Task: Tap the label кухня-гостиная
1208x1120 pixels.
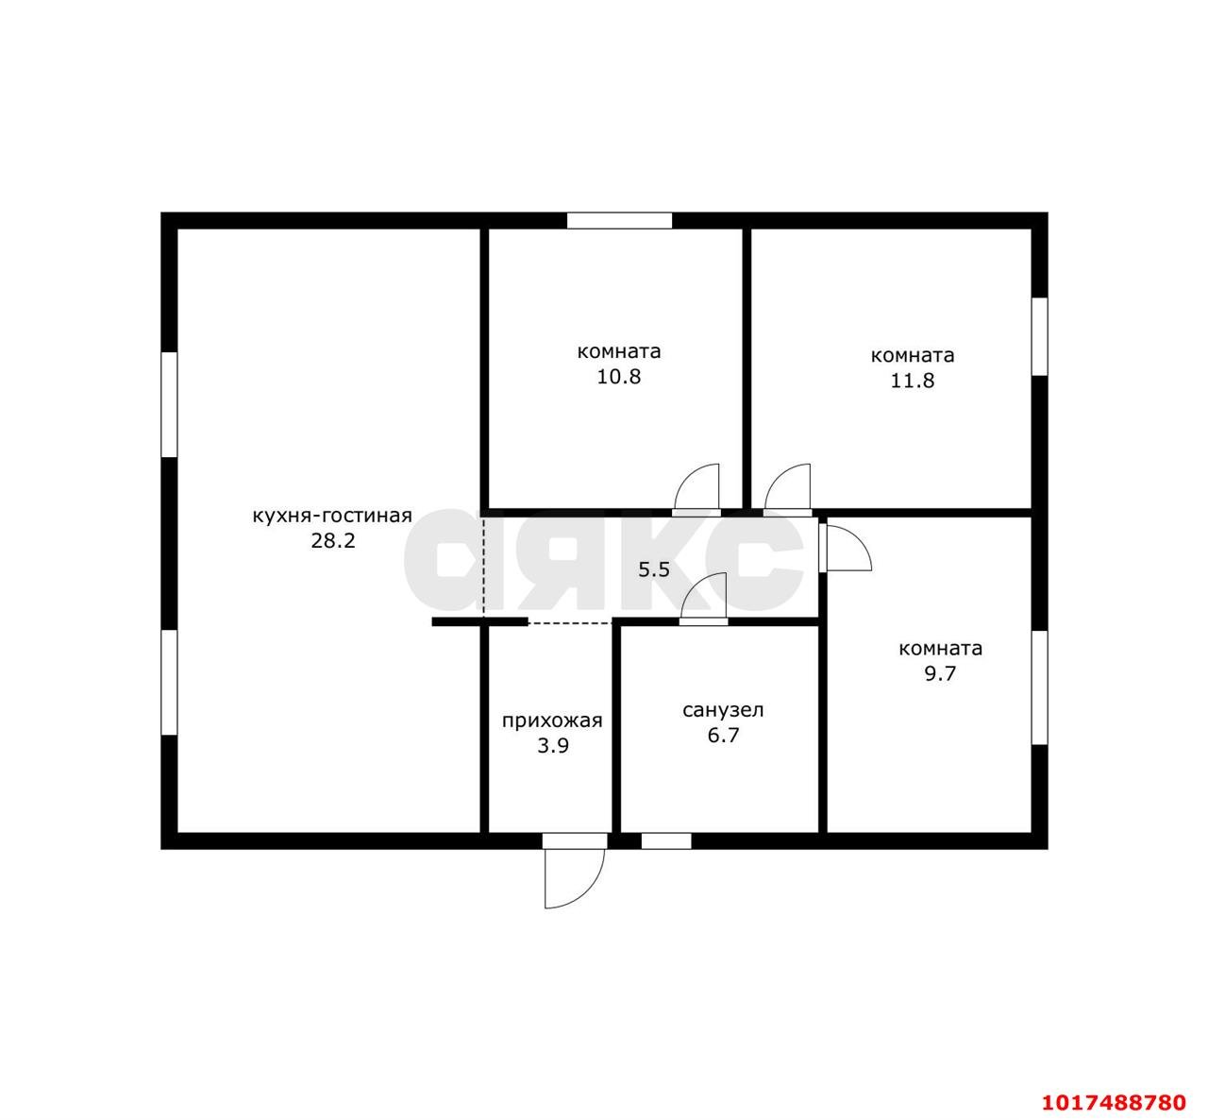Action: pyautogui.click(x=332, y=516)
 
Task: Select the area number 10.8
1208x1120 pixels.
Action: pyautogui.click(x=618, y=377)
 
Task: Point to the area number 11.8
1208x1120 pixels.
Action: pyautogui.click(x=913, y=381)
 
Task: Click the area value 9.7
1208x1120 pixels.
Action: pyautogui.click(x=940, y=674)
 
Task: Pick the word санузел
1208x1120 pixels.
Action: pyautogui.click(x=723, y=710)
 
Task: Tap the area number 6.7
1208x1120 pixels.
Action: pyautogui.click(x=723, y=736)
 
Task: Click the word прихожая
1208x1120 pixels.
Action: pyautogui.click(x=552, y=721)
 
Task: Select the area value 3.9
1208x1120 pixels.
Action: pyautogui.click(x=552, y=746)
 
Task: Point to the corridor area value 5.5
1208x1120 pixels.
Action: pyautogui.click(x=654, y=569)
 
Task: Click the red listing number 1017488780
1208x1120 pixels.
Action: pyautogui.click(x=1115, y=1102)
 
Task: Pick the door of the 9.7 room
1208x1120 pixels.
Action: pyautogui.click(x=846, y=547)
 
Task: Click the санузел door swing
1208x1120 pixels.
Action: pyautogui.click(x=704, y=599)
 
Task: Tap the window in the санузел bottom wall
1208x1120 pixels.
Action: pyautogui.click(x=666, y=841)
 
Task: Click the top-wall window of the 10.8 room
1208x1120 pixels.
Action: pyautogui.click(x=619, y=220)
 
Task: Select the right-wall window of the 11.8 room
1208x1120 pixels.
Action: pyautogui.click(x=1039, y=336)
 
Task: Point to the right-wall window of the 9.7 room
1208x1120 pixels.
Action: pyautogui.click(x=1039, y=687)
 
